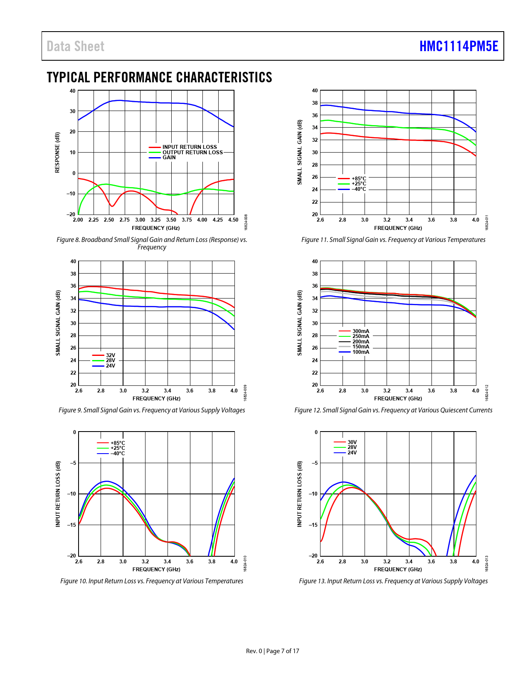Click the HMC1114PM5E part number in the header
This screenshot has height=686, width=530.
(x=459, y=46)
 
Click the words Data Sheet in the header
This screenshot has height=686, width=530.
(x=75, y=46)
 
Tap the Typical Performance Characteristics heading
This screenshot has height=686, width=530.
(x=159, y=77)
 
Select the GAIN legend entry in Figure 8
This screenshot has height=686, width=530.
(x=169, y=158)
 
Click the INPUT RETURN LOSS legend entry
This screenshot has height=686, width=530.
(x=190, y=147)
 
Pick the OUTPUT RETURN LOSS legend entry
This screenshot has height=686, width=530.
(x=192, y=152)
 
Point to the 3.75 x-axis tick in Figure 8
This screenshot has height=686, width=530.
(x=187, y=220)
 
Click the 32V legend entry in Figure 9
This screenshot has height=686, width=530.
(x=111, y=355)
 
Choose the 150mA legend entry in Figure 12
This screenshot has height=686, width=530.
(x=360, y=347)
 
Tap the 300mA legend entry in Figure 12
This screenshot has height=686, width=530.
(x=360, y=331)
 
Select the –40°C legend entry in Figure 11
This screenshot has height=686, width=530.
(x=359, y=189)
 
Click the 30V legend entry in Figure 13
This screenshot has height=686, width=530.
(x=352, y=442)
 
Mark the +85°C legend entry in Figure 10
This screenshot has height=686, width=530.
(x=118, y=443)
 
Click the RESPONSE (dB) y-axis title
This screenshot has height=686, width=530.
(x=57, y=152)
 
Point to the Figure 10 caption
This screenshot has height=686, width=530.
(x=152, y=581)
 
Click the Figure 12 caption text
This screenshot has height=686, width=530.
(x=393, y=410)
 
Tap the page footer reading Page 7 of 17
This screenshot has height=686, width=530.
(x=282, y=651)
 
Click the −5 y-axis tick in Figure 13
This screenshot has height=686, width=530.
(x=315, y=463)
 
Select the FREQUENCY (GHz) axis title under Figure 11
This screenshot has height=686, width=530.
(x=398, y=228)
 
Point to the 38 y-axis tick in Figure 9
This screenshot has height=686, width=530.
(x=73, y=274)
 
